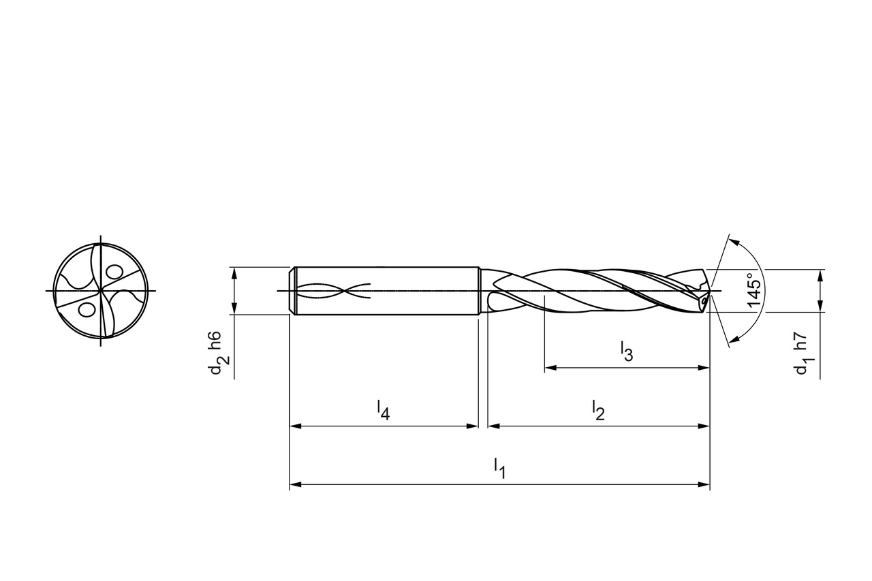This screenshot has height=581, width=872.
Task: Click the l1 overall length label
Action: pos(499,468)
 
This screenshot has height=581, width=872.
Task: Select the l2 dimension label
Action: pos(598,410)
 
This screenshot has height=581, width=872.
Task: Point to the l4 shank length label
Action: pos(383,410)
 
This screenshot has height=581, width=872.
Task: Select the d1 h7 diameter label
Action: pos(802,354)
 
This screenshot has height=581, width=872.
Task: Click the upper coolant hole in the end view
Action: pos(114,272)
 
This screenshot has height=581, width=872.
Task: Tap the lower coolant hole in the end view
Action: pos(86,310)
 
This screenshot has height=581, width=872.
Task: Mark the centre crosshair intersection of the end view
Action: pos(100,291)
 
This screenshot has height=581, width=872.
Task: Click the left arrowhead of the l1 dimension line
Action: pos(295,485)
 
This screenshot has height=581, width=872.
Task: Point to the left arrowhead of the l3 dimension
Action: pos(550,368)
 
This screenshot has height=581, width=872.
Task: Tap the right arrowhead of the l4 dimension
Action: pos(473,426)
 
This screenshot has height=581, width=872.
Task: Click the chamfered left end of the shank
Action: pos(293,291)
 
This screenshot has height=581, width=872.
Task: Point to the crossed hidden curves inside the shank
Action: pos(334,291)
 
